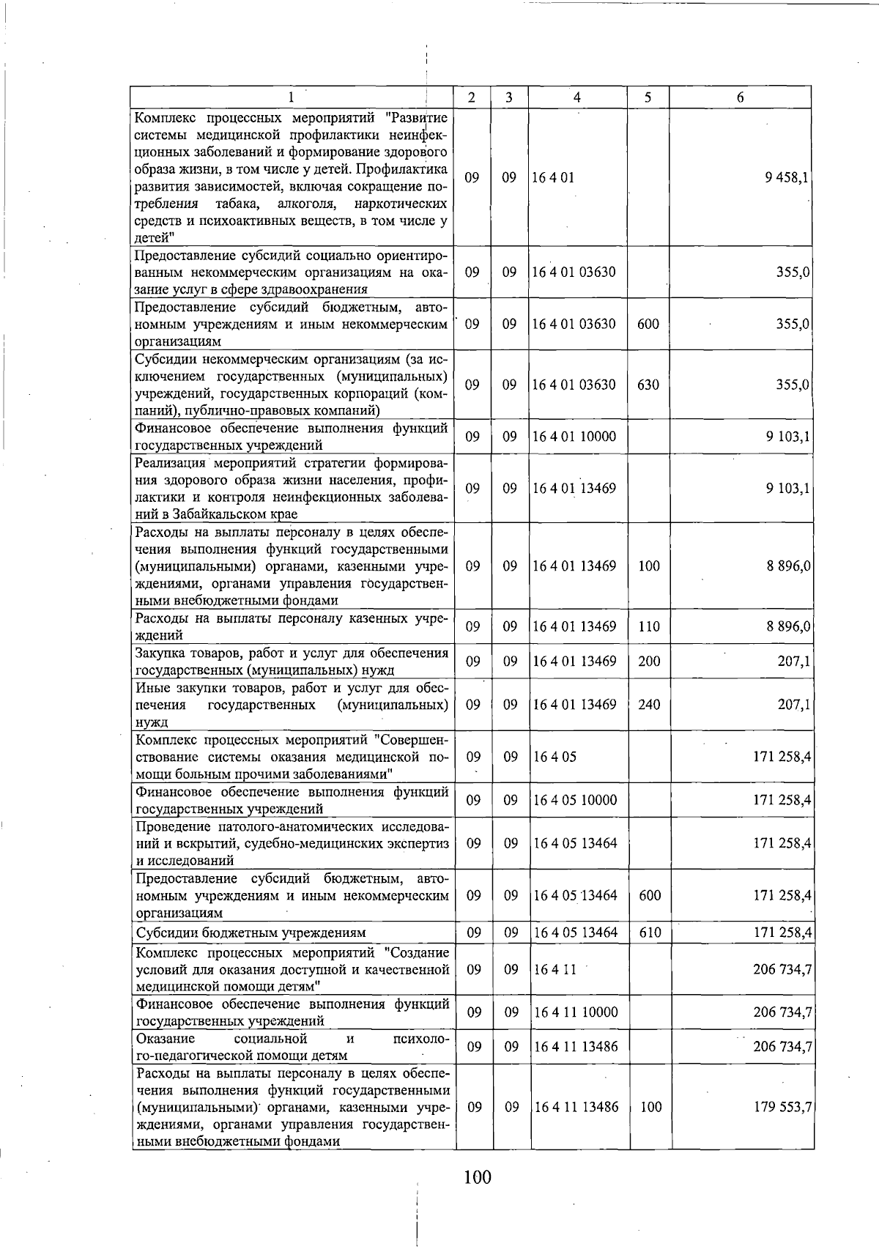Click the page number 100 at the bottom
[477, 1178]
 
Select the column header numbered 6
[740, 97]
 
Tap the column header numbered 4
[577, 97]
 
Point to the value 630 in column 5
[648, 385]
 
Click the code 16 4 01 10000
[574, 437]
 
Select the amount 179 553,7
[782, 1107]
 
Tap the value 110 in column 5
[649, 626]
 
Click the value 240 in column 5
[649, 705]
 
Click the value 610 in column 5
[650, 933]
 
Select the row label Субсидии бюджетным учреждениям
[251, 933]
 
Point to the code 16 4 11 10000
[576, 1012]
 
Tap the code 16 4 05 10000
[576, 800]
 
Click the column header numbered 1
[292, 97]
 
